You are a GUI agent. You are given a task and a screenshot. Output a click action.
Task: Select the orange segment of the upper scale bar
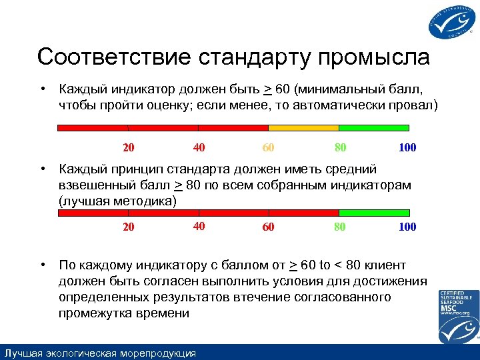pyautogui.click(x=303, y=127)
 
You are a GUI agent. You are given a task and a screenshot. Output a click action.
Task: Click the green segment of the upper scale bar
pyautogui.click(x=374, y=127)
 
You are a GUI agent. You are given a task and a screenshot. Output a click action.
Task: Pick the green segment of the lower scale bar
pyautogui.click(x=374, y=213)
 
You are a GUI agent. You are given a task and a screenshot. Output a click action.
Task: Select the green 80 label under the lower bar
pyautogui.click(x=339, y=227)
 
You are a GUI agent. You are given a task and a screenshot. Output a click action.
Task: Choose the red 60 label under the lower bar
pyautogui.click(x=268, y=227)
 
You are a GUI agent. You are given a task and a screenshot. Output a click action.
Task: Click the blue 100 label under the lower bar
pyautogui.click(x=407, y=227)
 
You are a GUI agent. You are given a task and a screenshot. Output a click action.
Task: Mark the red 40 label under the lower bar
pyautogui.click(x=199, y=226)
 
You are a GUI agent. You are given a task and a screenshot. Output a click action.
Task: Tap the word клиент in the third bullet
pyautogui.click(x=386, y=265)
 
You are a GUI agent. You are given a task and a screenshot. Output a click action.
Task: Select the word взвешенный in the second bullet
pyautogui.click(x=99, y=185)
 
